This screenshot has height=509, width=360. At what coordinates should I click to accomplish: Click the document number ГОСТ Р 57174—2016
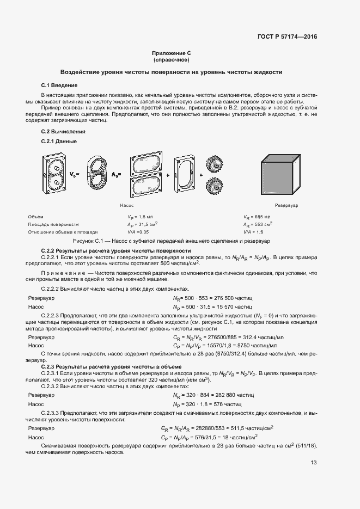[287, 37]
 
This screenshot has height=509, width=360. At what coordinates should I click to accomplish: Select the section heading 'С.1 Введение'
[59, 85]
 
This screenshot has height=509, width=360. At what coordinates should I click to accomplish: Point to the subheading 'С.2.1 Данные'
[59, 142]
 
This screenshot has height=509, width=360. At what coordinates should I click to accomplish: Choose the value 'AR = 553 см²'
[257, 224]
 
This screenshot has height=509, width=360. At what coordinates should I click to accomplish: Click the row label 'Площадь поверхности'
[53, 224]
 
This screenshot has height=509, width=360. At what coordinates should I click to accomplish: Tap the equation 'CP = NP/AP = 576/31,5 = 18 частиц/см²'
[210, 437]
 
